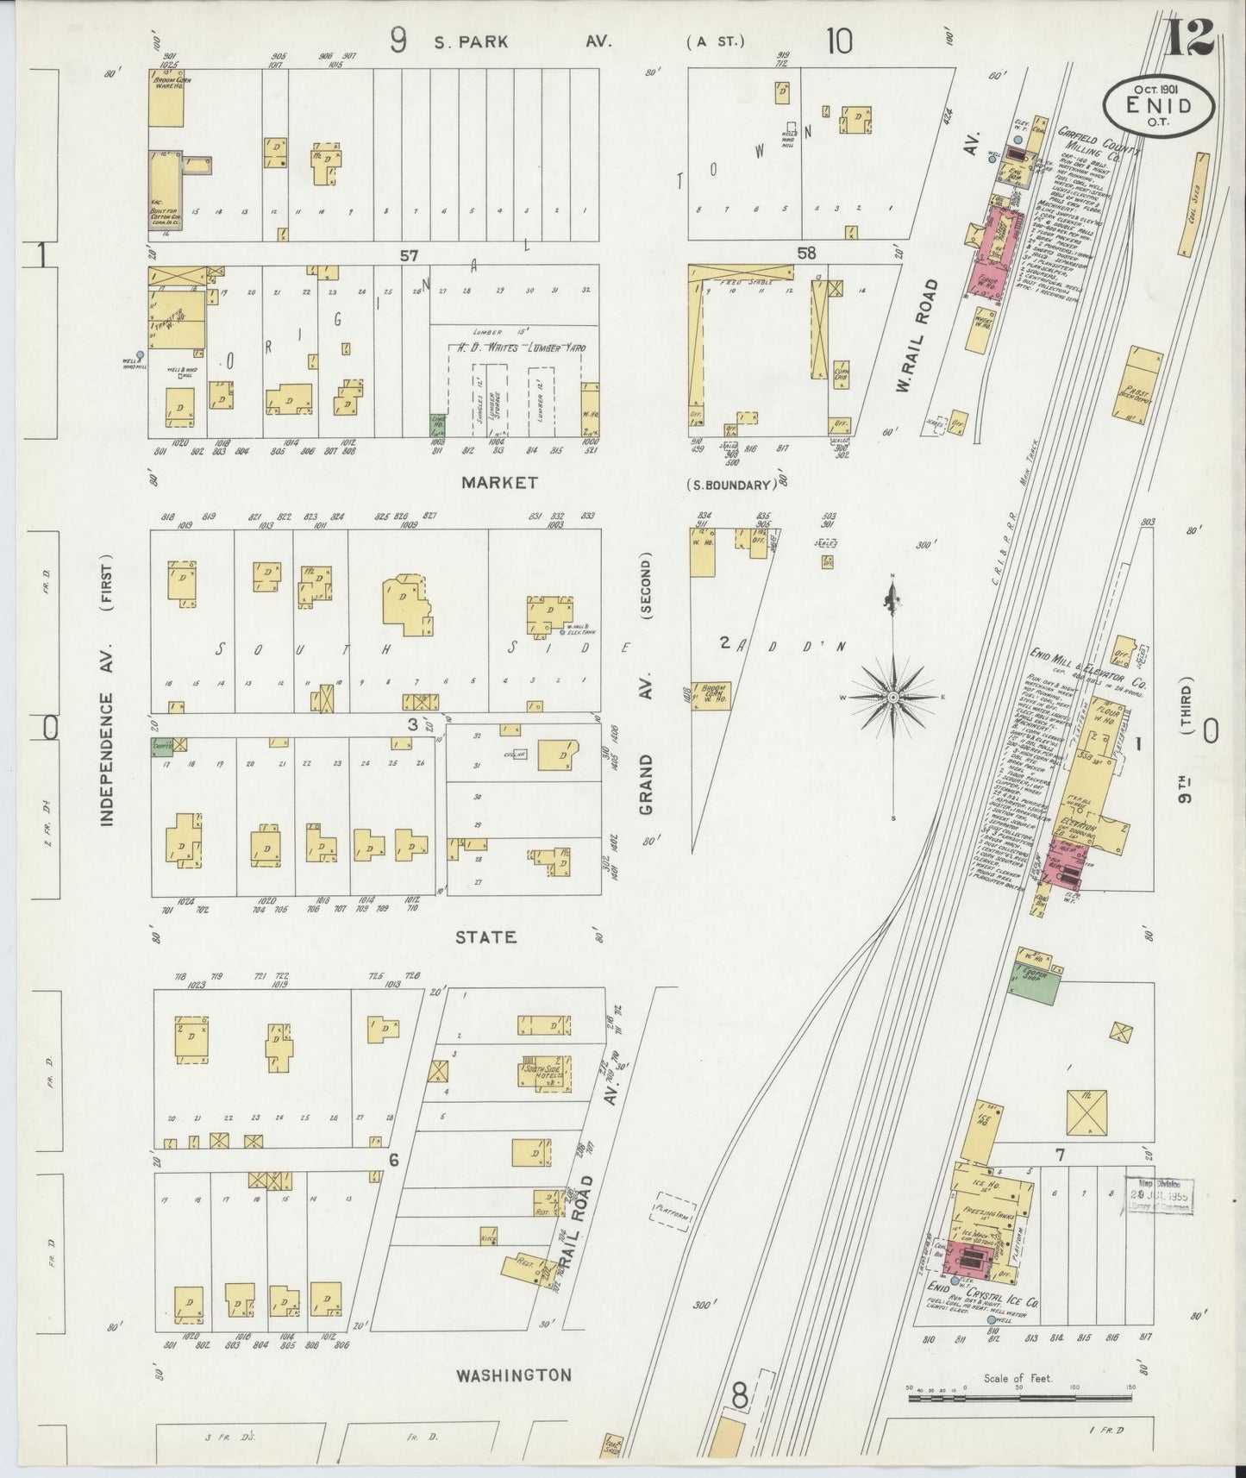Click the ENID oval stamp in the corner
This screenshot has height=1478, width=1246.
(x=1160, y=106)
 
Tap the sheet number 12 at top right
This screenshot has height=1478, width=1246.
(x=1191, y=36)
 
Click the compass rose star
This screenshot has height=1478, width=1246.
(x=893, y=697)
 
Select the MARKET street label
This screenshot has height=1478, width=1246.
(x=499, y=483)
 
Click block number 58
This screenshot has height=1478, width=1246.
(x=806, y=254)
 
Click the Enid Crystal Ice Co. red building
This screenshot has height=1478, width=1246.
(x=968, y=1262)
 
